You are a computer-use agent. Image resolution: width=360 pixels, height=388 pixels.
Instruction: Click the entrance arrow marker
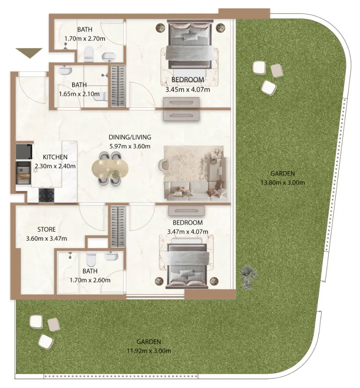tap(29, 53)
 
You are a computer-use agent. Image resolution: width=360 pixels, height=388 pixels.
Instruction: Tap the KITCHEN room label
tap(55, 157)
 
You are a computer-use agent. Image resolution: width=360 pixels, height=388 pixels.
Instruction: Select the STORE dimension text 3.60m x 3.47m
tap(46, 239)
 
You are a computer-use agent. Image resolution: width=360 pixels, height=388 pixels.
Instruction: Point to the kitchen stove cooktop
tap(46, 195)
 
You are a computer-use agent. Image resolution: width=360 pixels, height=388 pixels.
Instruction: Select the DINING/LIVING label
tap(130, 137)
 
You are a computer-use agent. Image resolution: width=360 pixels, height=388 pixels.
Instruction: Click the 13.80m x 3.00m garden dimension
tap(283, 183)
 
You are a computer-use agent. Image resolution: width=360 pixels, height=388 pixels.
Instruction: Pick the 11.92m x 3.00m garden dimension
tap(149, 351)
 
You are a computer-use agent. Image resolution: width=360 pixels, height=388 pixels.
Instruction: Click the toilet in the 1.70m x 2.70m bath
tap(89, 54)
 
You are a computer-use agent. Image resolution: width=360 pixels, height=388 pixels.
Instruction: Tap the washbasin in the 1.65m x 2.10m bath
tap(65, 70)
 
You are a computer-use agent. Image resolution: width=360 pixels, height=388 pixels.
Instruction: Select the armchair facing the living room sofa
tap(164, 165)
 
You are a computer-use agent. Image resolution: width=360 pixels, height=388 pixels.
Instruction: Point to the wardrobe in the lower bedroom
tap(118, 227)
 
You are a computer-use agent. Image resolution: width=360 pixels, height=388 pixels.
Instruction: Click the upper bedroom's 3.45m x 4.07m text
tap(187, 90)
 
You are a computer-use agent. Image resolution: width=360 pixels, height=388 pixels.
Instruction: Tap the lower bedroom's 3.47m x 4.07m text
tap(188, 232)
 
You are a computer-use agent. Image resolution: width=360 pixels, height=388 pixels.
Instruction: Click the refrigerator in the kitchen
tap(24, 152)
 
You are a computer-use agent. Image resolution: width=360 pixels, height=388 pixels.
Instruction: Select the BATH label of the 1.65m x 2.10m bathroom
tap(79, 85)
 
